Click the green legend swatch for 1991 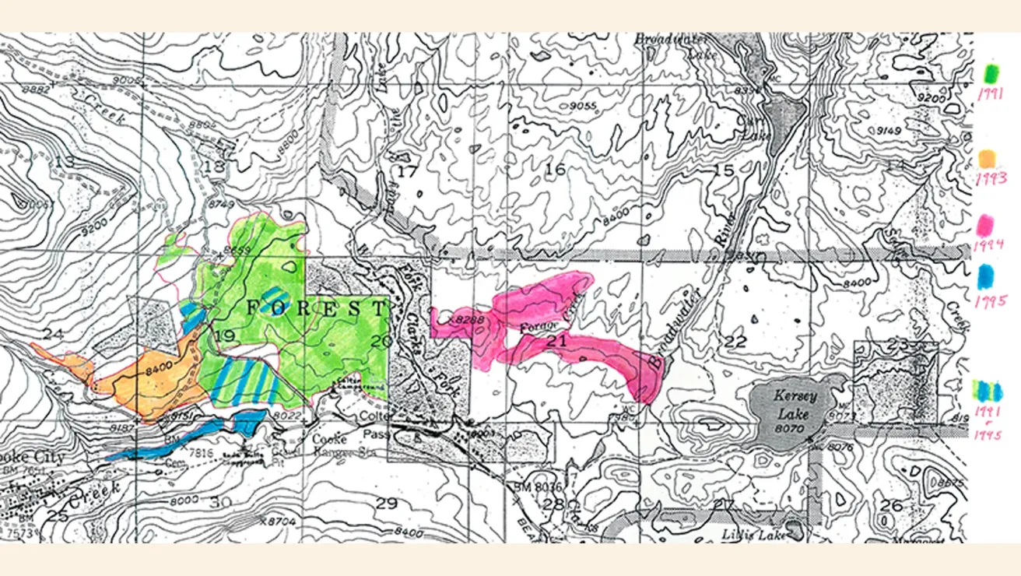tap(993, 73)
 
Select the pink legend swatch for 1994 tap(989, 224)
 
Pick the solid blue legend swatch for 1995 tap(988, 276)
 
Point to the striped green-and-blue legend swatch tap(991, 389)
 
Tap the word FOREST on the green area tap(315, 307)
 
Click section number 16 tap(555, 170)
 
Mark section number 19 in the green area tap(225, 336)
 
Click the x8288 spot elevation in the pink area tap(461, 319)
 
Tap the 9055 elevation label tap(582, 106)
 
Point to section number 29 tap(386, 504)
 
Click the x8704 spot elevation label tap(279, 522)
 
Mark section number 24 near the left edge tap(52, 334)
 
